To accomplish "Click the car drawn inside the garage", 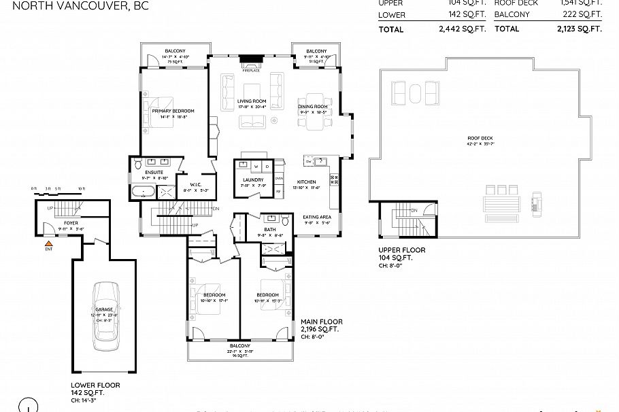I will coord(104,316).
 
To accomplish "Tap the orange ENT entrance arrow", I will coord(48,243).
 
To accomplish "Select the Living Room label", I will coord(250,101).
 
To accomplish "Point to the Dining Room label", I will coord(313,107).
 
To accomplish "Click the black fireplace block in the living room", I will coord(249,59).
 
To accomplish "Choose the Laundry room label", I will coord(252,180).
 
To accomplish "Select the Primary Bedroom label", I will coord(173,111).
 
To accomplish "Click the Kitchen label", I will coord(306,182).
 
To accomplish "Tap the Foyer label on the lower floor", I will coord(71,222).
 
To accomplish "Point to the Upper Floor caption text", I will coord(401,250).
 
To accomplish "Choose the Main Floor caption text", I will coord(322,322).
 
